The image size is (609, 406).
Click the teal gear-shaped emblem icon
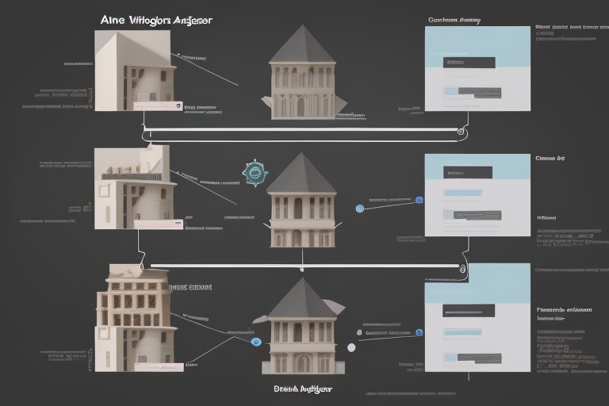point(255,173)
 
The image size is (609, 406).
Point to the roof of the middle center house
point(301,175)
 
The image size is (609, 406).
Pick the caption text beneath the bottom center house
point(302,389)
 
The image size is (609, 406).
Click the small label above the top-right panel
point(454,20)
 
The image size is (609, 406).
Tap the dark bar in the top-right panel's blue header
point(470,62)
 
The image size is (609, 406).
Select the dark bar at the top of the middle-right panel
point(468,172)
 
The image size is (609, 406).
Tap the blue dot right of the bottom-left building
point(255,342)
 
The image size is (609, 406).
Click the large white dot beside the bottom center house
point(351,347)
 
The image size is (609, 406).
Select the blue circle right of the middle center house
point(360,209)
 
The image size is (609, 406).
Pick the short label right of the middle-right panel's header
point(550,159)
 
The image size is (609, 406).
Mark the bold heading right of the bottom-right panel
point(564,310)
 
